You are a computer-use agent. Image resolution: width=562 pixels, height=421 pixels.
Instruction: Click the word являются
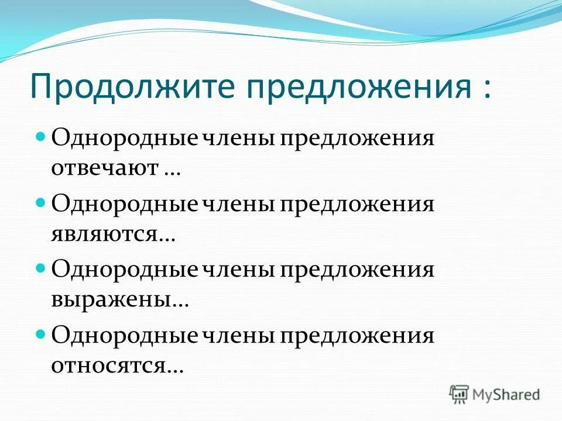[105, 234]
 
